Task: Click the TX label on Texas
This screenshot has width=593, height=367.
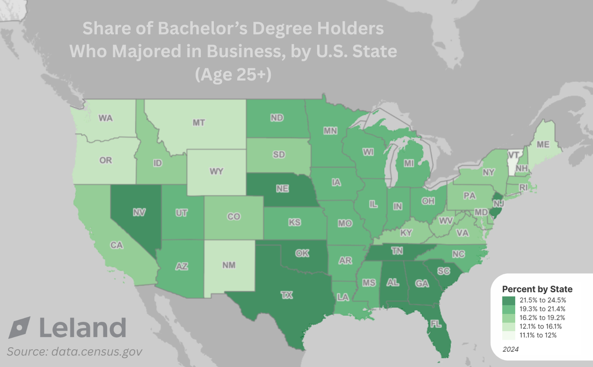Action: coord(287,295)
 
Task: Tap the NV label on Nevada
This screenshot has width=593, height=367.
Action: coord(139,213)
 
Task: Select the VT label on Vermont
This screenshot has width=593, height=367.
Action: coord(514,155)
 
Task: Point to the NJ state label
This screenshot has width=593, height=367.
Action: coord(498,204)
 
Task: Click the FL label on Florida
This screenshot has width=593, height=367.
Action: coord(436,324)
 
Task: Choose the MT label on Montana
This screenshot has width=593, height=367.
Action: coord(198,123)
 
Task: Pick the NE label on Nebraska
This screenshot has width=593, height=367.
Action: coord(282,189)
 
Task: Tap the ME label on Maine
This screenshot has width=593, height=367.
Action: coord(543,145)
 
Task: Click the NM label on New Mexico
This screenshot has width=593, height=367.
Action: coord(229,265)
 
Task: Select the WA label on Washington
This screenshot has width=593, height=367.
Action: coord(106,118)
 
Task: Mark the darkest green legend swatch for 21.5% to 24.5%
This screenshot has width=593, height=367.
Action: coord(508,301)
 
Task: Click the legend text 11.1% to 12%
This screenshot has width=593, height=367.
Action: coord(538,335)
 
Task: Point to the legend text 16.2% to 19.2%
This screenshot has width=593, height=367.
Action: coord(542,318)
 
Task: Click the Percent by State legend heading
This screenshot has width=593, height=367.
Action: coord(537,289)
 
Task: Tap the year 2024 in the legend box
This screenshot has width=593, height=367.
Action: coord(510,349)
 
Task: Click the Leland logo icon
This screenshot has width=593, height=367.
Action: coord(19,328)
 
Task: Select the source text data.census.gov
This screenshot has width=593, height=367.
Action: coord(96,352)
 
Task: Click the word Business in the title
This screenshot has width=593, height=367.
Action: coord(244,51)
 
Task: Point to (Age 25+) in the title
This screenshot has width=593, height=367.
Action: coord(233,74)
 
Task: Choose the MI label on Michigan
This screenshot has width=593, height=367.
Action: coord(409,163)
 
